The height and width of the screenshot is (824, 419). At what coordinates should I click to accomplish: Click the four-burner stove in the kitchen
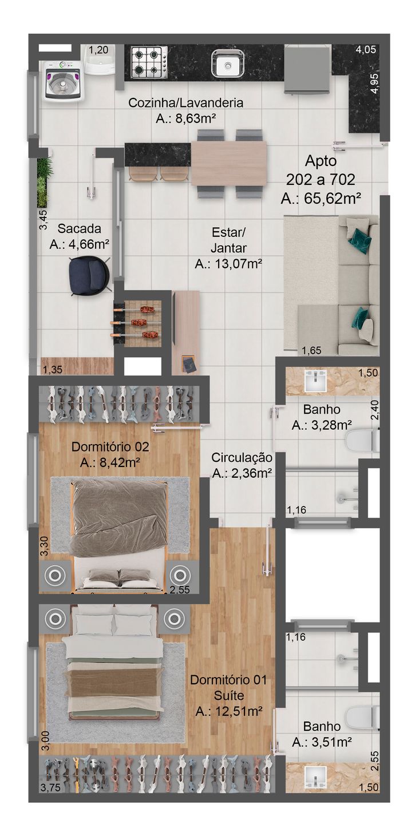point(149,62)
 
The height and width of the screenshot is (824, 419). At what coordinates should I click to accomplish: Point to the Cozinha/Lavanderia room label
point(186,102)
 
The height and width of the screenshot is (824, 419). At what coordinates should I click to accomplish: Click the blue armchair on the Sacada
point(89,275)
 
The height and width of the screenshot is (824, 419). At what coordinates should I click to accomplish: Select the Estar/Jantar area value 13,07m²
point(228,264)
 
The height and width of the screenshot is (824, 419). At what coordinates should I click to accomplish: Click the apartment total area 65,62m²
point(321,199)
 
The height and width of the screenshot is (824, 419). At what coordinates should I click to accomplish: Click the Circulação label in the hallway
point(242,458)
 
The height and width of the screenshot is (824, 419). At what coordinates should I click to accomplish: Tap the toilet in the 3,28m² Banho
point(362,442)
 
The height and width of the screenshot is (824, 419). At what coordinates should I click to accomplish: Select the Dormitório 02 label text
point(110,446)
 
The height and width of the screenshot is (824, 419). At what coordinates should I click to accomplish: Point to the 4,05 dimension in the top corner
point(366,49)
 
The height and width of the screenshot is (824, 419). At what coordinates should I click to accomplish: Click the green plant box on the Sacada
point(44,183)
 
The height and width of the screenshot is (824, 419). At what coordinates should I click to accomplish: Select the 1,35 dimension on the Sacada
point(52,370)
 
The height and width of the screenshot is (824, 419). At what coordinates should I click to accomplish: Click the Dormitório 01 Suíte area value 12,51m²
point(229,711)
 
